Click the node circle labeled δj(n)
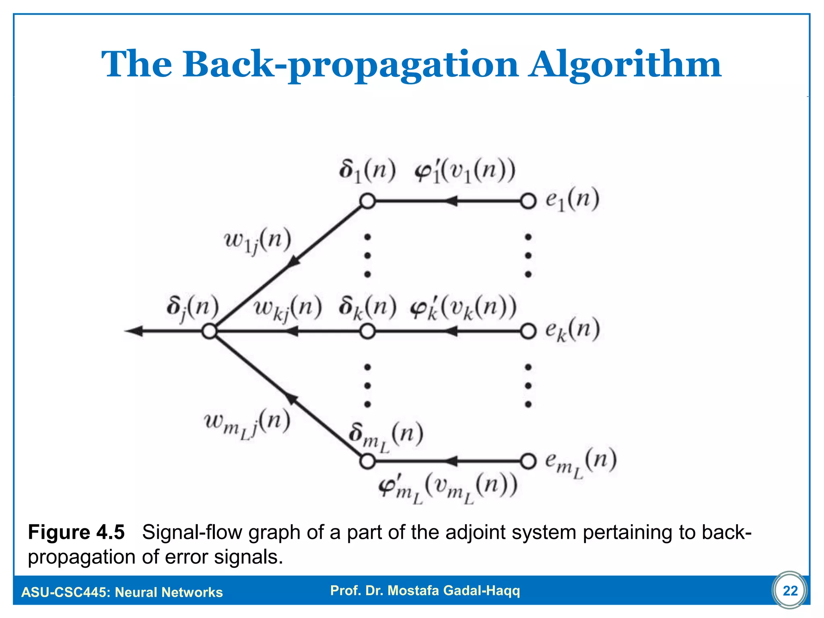[209, 332]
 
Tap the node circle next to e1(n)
[528, 201]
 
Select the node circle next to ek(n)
[528, 332]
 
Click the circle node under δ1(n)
[367, 201]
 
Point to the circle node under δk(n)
[367, 332]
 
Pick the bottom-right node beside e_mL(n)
[528, 461]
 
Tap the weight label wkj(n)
[288, 309]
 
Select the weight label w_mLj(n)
[247, 424]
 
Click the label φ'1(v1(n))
[465, 172]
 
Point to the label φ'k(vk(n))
[463, 309]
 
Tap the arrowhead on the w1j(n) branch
[294, 261]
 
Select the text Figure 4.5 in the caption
[76, 532]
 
